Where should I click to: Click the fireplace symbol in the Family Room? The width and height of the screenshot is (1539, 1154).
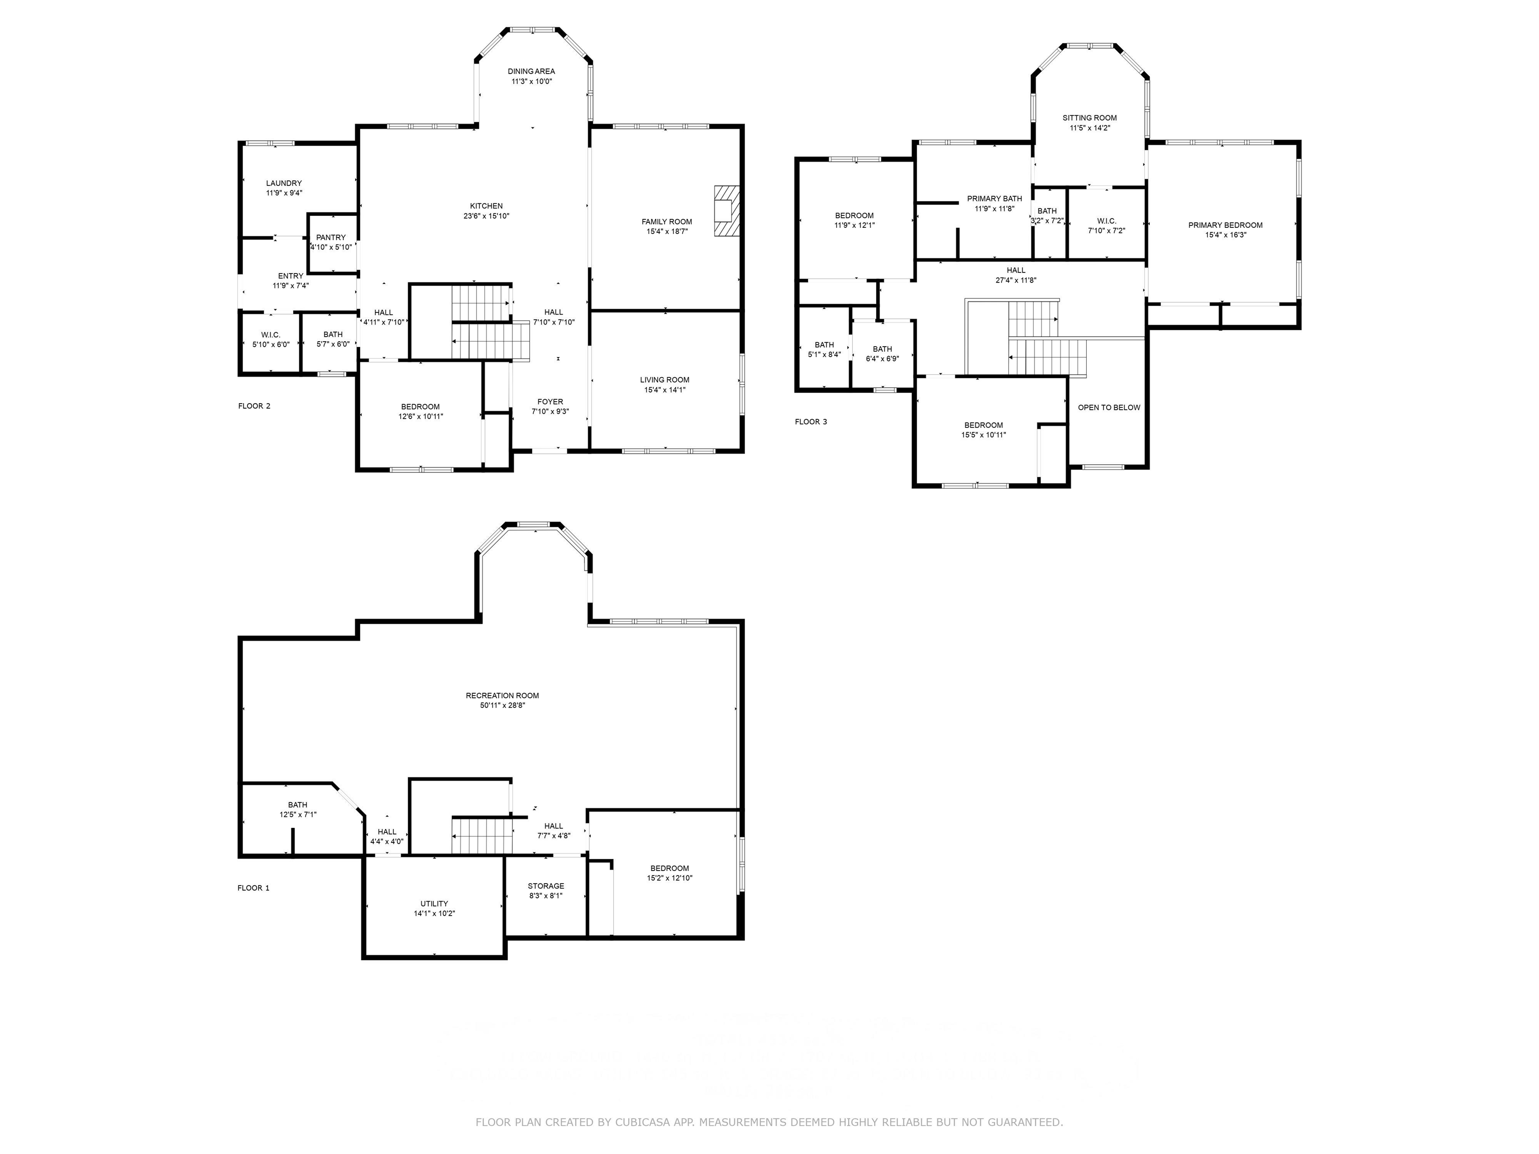pyautogui.click(x=726, y=211)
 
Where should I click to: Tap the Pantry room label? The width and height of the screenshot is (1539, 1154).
pyautogui.click(x=331, y=237)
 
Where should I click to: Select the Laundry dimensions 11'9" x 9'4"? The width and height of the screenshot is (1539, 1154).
pyautogui.click(x=284, y=193)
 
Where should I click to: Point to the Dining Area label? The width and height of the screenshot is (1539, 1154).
pyautogui.click(x=531, y=71)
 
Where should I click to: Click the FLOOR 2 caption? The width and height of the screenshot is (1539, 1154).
pyautogui.click(x=254, y=406)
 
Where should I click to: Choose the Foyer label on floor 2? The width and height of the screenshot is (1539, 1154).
pyautogui.click(x=550, y=401)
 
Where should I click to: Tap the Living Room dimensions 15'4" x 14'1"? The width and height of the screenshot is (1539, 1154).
pyautogui.click(x=664, y=390)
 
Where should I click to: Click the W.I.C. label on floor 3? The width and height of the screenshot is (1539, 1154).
pyautogui.click(x=1106, y=220)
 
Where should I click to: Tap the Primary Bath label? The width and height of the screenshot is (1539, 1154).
pyautogui.click(x=994, y=198)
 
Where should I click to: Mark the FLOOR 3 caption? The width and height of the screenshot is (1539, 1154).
pyautogui.click(x=811, y=422)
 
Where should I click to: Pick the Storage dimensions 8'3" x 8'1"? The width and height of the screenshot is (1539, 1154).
pyautogui.click(x=546, y=896)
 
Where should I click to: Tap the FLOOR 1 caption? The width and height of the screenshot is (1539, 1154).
pyautogui.click(x=253, y=888)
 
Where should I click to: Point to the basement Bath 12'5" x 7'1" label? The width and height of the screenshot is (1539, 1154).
pyautogui.click(x=297, y=805)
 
